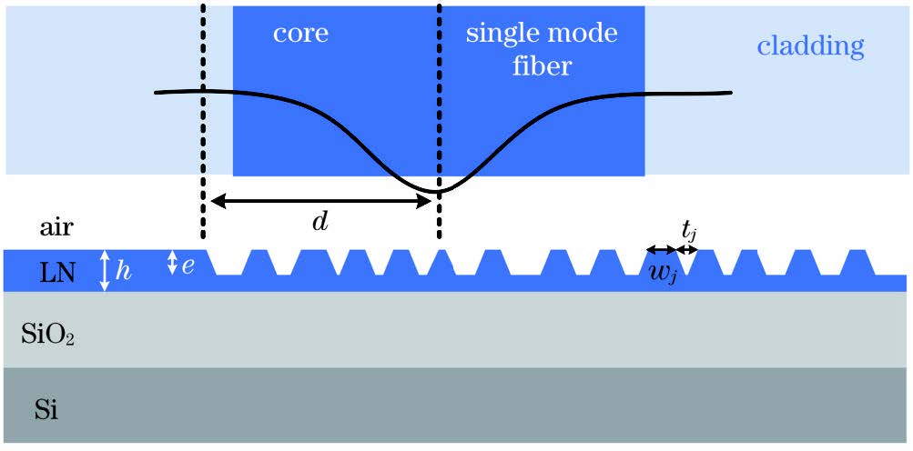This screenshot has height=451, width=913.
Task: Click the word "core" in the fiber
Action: [x=300, y=35]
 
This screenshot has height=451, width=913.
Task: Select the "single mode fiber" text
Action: [x=542, y=50]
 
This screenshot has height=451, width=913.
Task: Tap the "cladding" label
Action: [x=809, y=45]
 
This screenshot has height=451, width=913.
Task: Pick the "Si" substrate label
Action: [x=46, y=410]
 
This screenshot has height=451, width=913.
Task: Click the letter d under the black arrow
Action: [x=320, y=222]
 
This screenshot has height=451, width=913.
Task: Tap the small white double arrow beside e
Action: [x=171, y=264]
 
